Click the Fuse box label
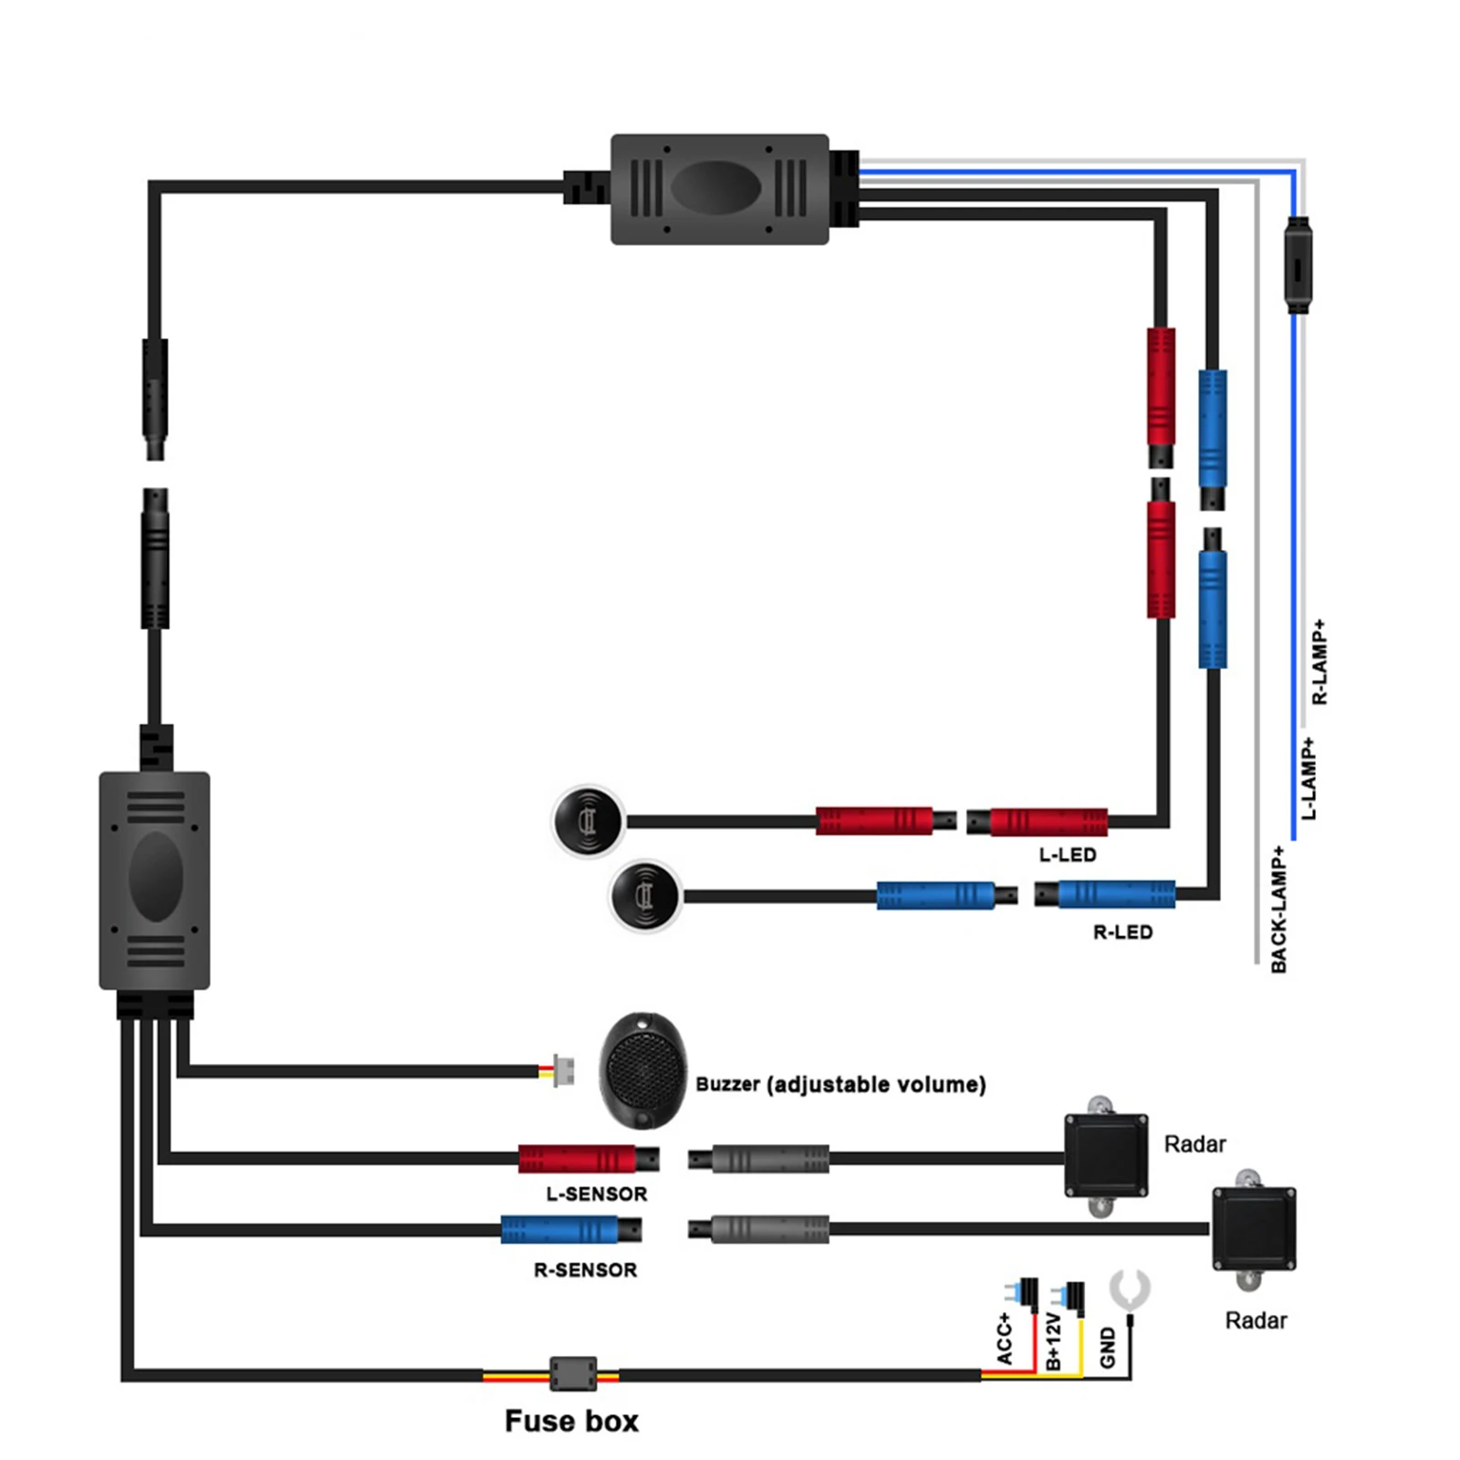[x=571, y=1421]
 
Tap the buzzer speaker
[x=642, y=1069]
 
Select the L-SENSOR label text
[x=596, y=1194]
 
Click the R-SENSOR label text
[x=585, y=1269]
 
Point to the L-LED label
[x=1067, y=855]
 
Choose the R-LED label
[x=1122, y=932]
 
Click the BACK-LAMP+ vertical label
[x=1278, y=909]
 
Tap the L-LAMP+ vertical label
[x=1309, y=778]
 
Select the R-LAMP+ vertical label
[x=1319, y=662]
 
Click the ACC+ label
[x=1005, y=1339]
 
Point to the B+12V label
[x=1054, y=1341]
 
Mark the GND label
[x=1108, y=1347]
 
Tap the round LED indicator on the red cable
[x=589, y=821]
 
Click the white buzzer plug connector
[x=563, y=1070]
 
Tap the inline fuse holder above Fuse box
[x=573, y=1373]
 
